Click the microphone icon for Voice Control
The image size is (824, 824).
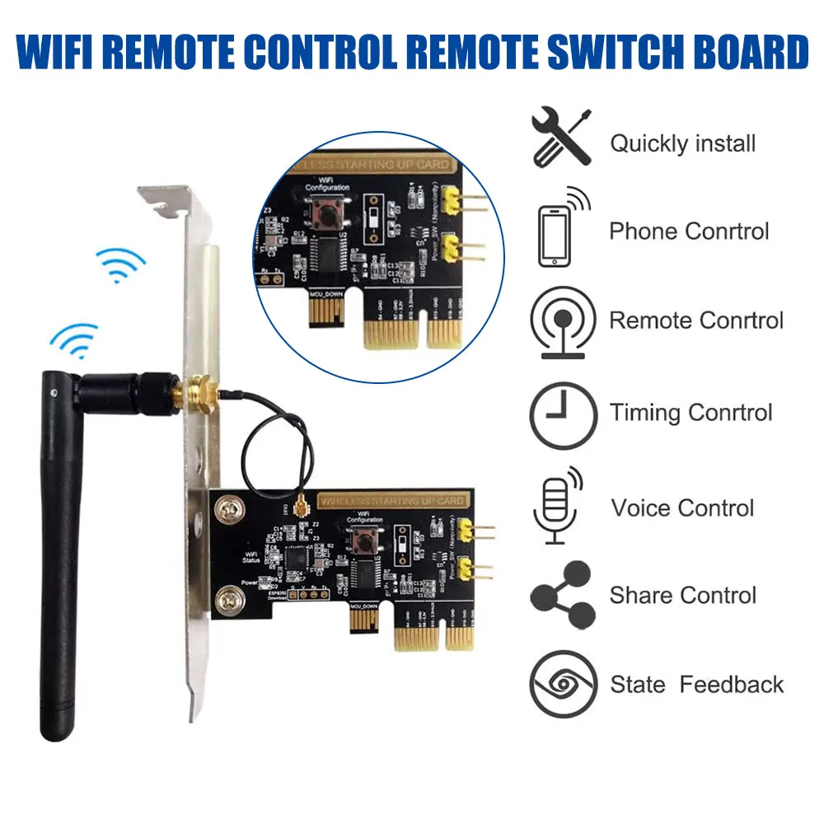tap(555, 506)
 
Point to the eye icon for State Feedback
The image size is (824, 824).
tap(564, 684)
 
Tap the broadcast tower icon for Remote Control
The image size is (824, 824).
tap(564, 322)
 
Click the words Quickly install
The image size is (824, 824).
tap(682, 143)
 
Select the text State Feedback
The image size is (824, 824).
tap(696, 684)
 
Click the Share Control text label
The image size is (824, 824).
tap(682, 595)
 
